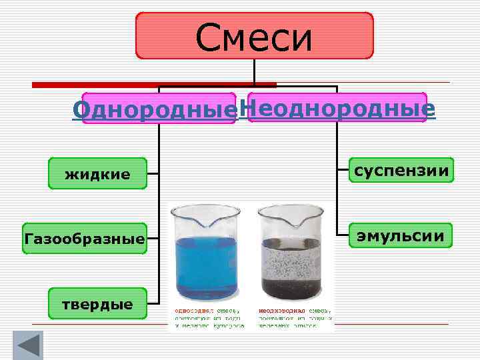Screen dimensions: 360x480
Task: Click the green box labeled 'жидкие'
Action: tap(97, 174)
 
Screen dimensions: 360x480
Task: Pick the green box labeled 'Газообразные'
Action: tap(84, 238)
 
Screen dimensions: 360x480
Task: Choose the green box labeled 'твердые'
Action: tap(97, 303)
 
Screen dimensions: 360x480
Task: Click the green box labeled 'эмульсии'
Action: tap(401, 237)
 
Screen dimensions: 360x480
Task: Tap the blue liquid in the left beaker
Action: tap(206, 267)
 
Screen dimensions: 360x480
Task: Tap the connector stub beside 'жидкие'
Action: tap(153, 175)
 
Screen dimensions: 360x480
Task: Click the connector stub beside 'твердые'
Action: tap(153, 304)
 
